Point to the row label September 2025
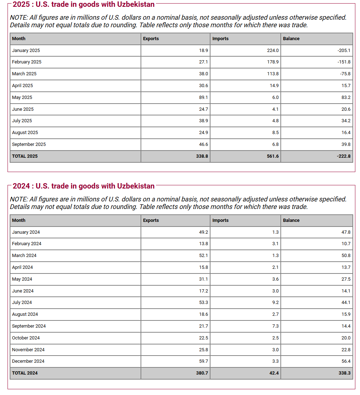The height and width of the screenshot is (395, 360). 29,144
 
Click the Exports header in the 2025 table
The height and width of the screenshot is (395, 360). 151,39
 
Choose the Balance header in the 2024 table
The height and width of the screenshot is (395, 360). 291,220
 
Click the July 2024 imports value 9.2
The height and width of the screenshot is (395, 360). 275,303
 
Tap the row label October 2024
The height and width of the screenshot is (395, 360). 26,338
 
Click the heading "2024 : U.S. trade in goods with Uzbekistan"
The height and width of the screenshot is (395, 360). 84,186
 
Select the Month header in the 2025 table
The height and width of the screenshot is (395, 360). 19,39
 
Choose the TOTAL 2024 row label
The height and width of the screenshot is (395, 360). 25,373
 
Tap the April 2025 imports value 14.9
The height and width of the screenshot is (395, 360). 274,86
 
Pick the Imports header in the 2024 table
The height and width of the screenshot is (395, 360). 220,220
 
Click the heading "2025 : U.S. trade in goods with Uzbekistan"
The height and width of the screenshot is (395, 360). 84,4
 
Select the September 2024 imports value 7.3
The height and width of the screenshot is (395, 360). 275,326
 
